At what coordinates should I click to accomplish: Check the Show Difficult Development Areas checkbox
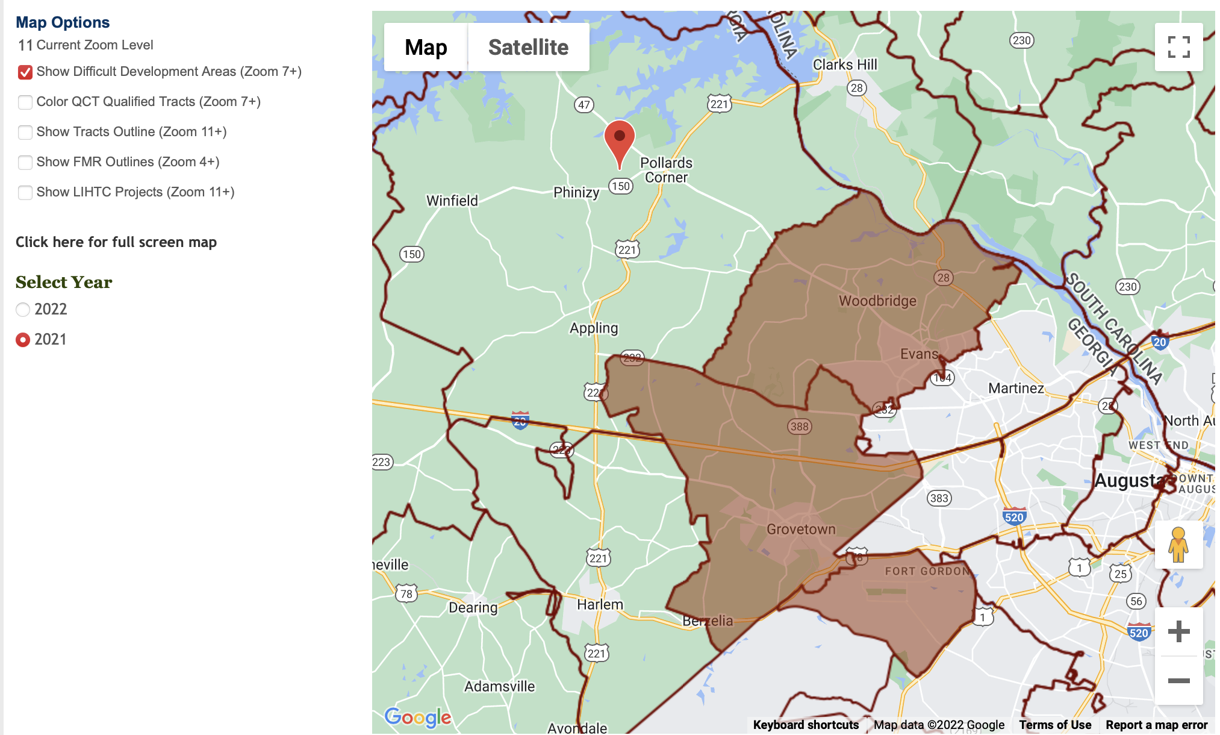click(x=25, y=72)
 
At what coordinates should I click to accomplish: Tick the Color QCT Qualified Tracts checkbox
click(x=25, y=102)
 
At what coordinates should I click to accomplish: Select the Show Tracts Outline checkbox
click(x=25, y=133)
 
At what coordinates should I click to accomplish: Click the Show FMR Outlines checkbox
click(x=25, y=163)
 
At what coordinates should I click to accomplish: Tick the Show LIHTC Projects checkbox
click(x=25, y=193)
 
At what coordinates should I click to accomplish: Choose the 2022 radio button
click(x=23, y=310)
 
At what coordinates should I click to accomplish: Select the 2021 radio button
click(x=23, y=340)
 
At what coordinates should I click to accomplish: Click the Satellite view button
click(x=528, y=47)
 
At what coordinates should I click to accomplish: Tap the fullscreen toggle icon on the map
click(x=1178, y=47)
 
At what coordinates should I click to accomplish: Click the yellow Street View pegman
click(x=1178, y=545)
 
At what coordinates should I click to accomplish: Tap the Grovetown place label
click(x=801, y=530)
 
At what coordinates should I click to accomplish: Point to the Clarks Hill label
click(x=845, y=64)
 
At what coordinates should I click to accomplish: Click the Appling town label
click(x=594, y=328)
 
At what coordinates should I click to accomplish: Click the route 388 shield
click(x=800, y=427)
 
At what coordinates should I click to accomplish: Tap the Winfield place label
click(x=452, y=201)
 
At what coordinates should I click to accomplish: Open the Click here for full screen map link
click(x=116, y=242)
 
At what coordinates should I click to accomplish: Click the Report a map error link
click(x=1156, y=725)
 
